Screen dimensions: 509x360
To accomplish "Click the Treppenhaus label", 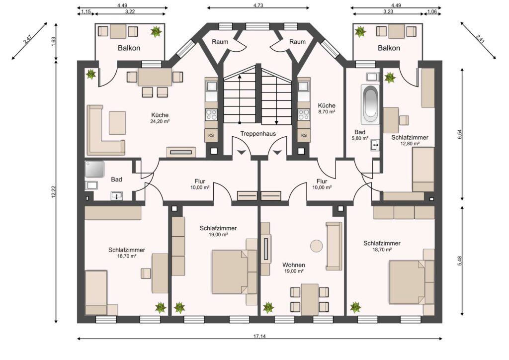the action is point(258,134).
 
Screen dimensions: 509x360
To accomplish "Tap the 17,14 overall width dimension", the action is point(259,336).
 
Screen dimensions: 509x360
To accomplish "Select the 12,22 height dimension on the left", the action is point(54,191).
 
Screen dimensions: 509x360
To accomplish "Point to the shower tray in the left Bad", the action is point(94,169).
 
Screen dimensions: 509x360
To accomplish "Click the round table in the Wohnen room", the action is point(316,245).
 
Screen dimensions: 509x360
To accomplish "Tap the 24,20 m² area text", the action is point(160,121).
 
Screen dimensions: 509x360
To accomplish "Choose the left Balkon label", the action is point(129,48).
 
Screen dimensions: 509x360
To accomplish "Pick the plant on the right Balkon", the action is point(360,32).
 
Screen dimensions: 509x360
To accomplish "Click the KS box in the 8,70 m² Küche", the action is point(304,135).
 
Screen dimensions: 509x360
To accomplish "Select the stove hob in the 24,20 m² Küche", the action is point(211,114).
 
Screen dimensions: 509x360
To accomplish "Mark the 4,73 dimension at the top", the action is point(258,5).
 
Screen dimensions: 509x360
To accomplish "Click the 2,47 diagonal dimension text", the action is point(28,39).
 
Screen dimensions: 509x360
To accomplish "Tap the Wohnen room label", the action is point(293,265).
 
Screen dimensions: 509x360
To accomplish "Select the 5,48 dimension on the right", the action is point(459,261).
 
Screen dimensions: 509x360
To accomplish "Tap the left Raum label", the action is point(220,42).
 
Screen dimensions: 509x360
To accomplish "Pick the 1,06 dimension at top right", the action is point(431,12).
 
